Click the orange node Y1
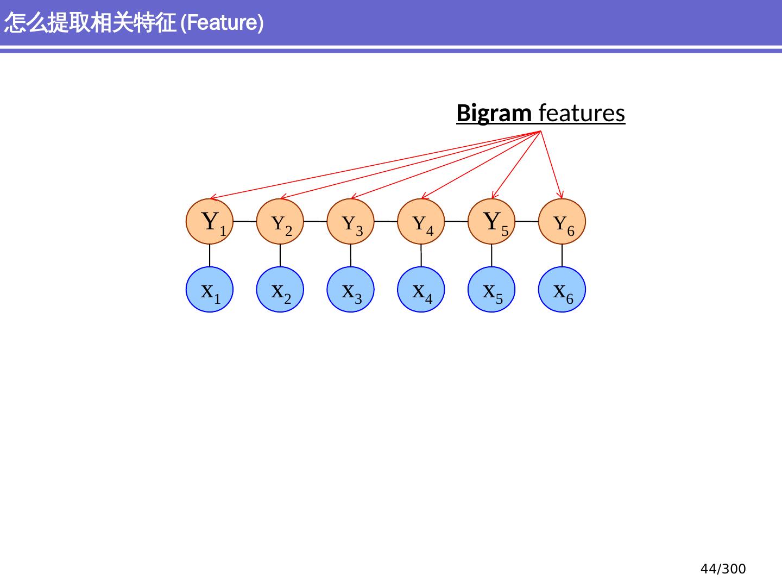click(x=210, y=222)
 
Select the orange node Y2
click(x=280, y=222)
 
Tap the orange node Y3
click(x=351, y=222)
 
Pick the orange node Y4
click(x=421, y=222)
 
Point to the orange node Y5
click(x=491, y=222)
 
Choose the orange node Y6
click(x=562, y=222)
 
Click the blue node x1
click(x=210, y=290)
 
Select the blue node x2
click(x=280, y=290)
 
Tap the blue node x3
click(x=351, y=290)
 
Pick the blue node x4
click(x=421, y=290)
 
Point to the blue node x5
click(x=491, y=290)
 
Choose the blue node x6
click(x=562, y=290)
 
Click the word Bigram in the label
click(x=494, y=114)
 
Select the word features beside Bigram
click(x=582, y=114)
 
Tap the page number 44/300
click(x=723, y=569)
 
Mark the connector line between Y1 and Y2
click(x=245, y=222)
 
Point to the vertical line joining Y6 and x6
click(x=562, y=255)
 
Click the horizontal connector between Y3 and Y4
click(x=386, y=222)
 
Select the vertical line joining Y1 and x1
click(x=210, y=255)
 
